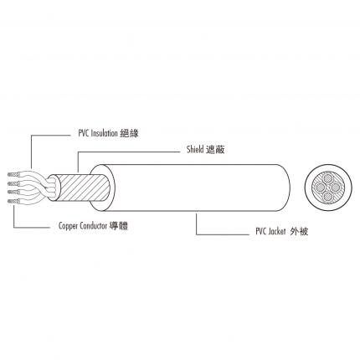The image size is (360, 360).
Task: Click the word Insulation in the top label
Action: pos(104,133)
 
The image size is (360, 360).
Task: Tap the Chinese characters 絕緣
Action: pos(129,133)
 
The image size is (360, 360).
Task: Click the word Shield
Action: pos(195,149)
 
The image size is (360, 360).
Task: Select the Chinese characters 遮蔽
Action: pos(215,150)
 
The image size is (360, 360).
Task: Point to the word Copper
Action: pos(68,226)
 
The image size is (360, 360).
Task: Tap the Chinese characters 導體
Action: pos(119,225)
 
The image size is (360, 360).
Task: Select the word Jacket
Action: pos(277,231)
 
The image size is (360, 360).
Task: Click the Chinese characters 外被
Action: pos(299,231)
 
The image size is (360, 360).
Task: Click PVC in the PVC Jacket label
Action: pos(261,231)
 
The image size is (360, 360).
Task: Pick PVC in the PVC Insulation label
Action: pos(84,133)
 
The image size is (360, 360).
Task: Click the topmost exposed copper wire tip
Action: pos(13,175)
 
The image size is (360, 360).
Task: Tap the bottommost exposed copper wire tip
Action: pos(13,201)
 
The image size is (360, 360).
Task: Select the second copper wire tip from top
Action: pos(13,183)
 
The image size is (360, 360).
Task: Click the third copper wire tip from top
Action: pos(13,192)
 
